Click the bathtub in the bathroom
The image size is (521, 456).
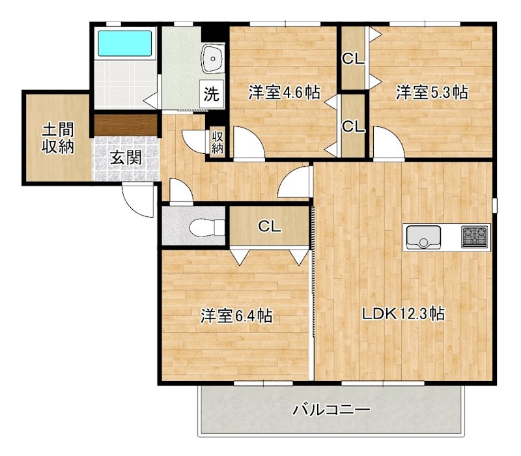coord(125,44)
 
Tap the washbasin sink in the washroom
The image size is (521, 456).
coord(212,59)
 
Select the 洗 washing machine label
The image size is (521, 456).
coord(212,93)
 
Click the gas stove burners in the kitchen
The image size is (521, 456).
coord(475,236)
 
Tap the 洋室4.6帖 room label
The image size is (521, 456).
coord(283,93)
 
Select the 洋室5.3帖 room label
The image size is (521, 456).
coord(432,93)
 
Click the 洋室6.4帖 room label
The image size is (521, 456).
coord(236,317)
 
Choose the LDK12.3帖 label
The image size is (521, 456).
coord(403,314)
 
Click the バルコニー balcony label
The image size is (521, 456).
coord(331,410)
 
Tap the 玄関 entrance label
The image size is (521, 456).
coord(126,158)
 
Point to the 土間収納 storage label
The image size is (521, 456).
coord(57,137)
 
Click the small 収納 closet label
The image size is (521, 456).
coord(217,143)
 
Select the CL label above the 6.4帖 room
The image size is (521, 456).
coord(269,227)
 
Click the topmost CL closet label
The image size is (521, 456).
coord(354,59)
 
